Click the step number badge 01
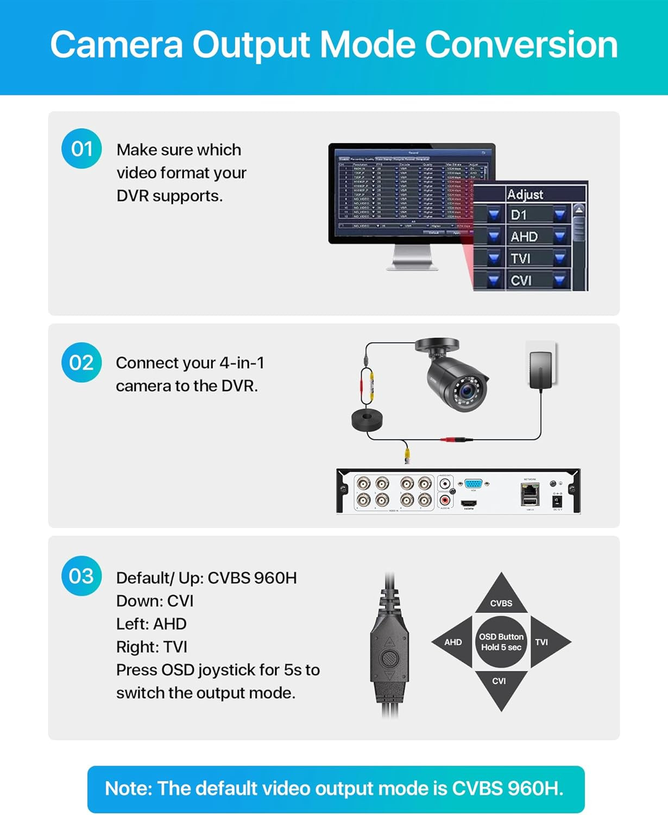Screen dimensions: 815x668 pos(82,149)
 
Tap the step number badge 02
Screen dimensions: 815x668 pos(81,362)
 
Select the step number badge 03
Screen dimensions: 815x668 pos(81,576)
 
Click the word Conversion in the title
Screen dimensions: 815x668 pos(521,45)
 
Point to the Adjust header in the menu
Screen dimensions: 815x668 pos(525,195)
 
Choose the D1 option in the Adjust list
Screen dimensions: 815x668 pos(519,215)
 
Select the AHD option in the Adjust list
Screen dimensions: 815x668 pos(524,237)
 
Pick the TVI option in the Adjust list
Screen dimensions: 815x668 pos(520,259)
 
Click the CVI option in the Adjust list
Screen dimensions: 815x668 pos(521,280)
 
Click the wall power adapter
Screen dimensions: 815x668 pos(541,369)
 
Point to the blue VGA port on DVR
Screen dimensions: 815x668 pos(473,484)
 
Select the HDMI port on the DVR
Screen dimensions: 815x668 pos(469,503)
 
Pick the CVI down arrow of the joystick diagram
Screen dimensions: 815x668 pos(500,686)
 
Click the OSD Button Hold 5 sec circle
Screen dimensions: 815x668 pos(501,642)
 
